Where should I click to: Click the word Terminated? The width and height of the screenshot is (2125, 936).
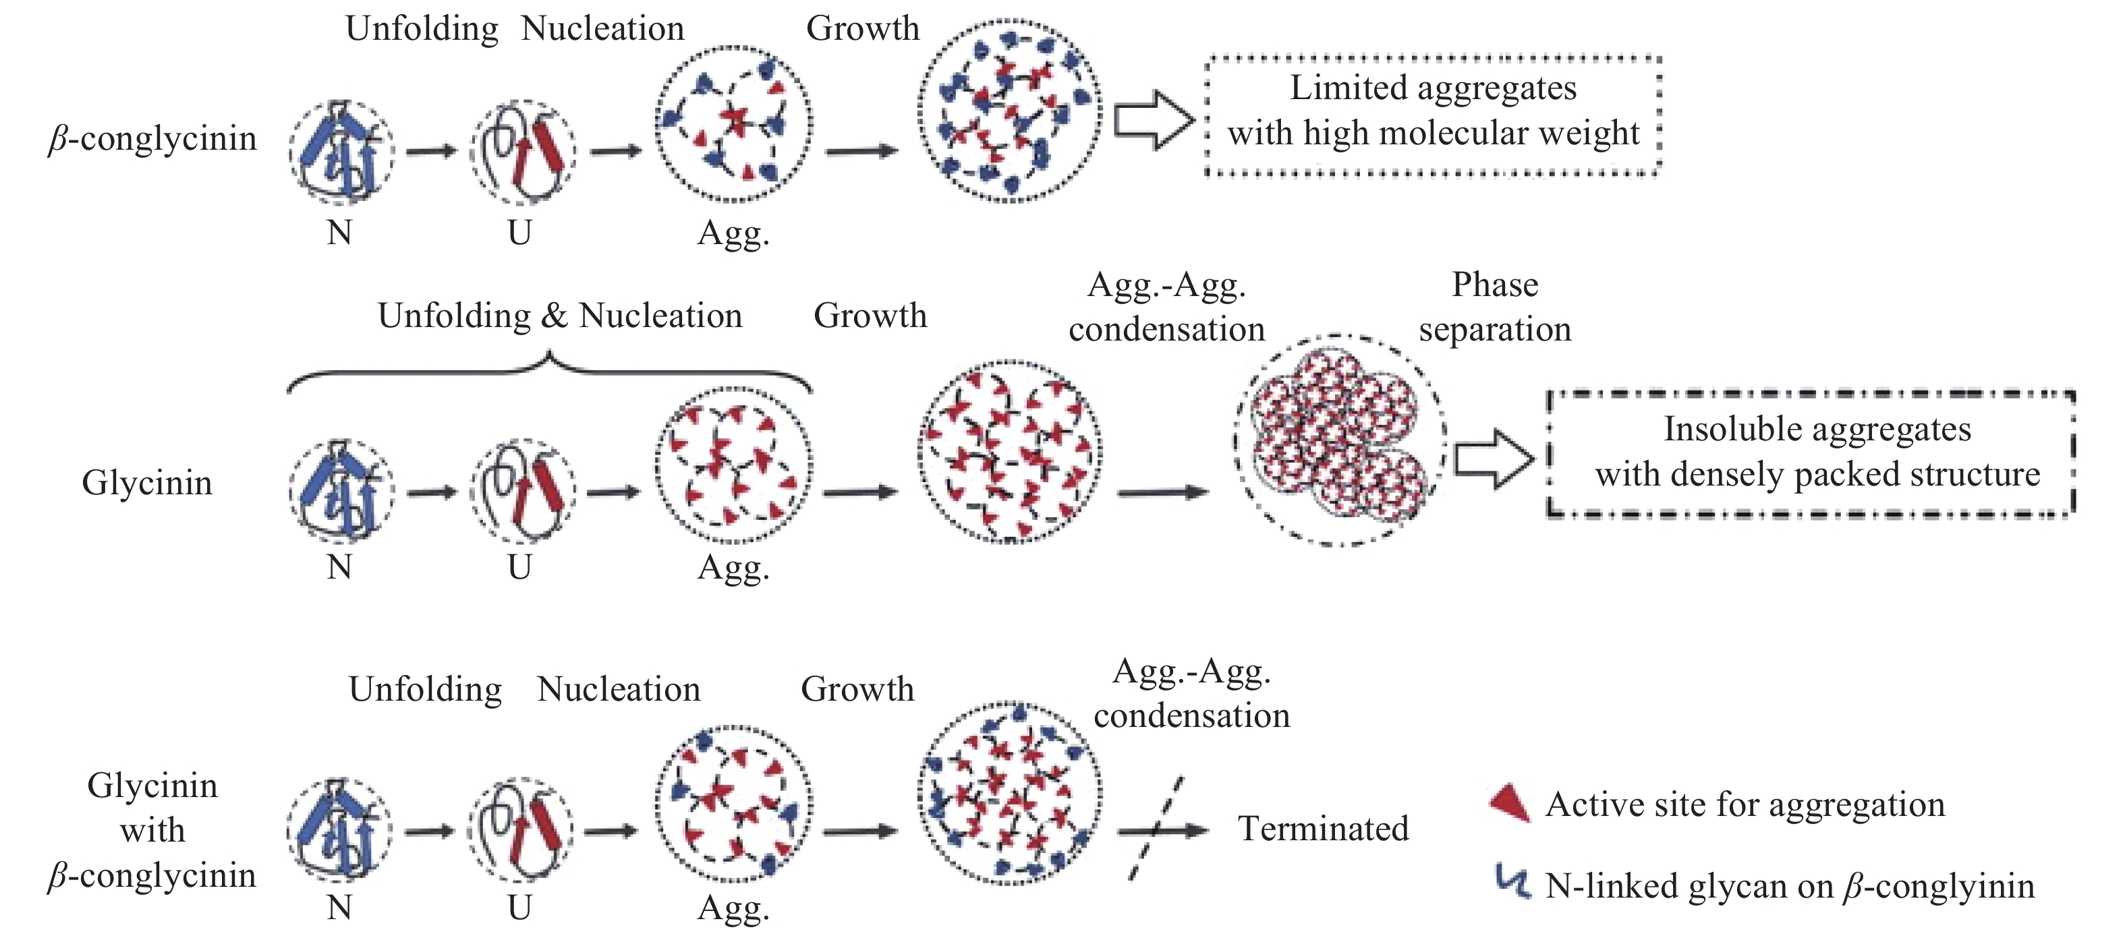[1322, 829]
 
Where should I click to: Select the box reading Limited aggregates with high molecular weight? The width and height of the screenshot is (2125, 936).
[1433, 115]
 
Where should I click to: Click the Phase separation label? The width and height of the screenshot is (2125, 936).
[1494, 307]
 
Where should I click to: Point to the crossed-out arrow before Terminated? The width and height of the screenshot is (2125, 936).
[1159, 829]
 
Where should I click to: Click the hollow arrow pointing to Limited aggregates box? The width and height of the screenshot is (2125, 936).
[1154, 121]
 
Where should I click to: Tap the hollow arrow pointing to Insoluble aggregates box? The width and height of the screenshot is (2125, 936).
[1492, 459]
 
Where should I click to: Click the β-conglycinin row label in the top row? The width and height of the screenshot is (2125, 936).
[152, 138]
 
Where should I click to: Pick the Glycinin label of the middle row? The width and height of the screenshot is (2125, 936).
[147, 482]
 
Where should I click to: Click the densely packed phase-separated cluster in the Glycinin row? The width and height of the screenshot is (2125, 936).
[1339, 439]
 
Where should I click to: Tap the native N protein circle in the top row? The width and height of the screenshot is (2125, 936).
[341, 152]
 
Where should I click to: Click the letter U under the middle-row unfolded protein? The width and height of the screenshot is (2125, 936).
[519, 567]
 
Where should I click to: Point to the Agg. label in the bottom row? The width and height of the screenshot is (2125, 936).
[733, 907]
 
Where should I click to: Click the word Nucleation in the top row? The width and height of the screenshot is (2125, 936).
[602, 29]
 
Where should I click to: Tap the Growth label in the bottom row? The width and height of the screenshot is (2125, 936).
[857, 689]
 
